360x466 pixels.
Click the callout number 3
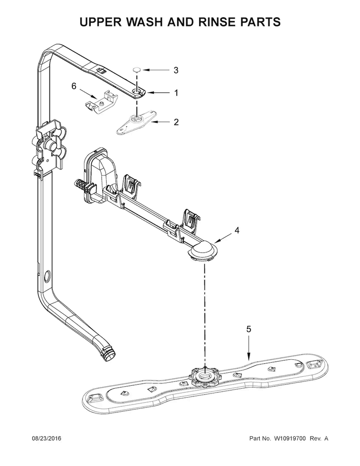tap(176, 70)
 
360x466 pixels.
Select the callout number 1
tap(176, 93)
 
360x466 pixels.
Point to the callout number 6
tap(73, 86)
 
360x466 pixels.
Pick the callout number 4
tap(236, 231)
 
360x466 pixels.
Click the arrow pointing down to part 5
tap(249, 348)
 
